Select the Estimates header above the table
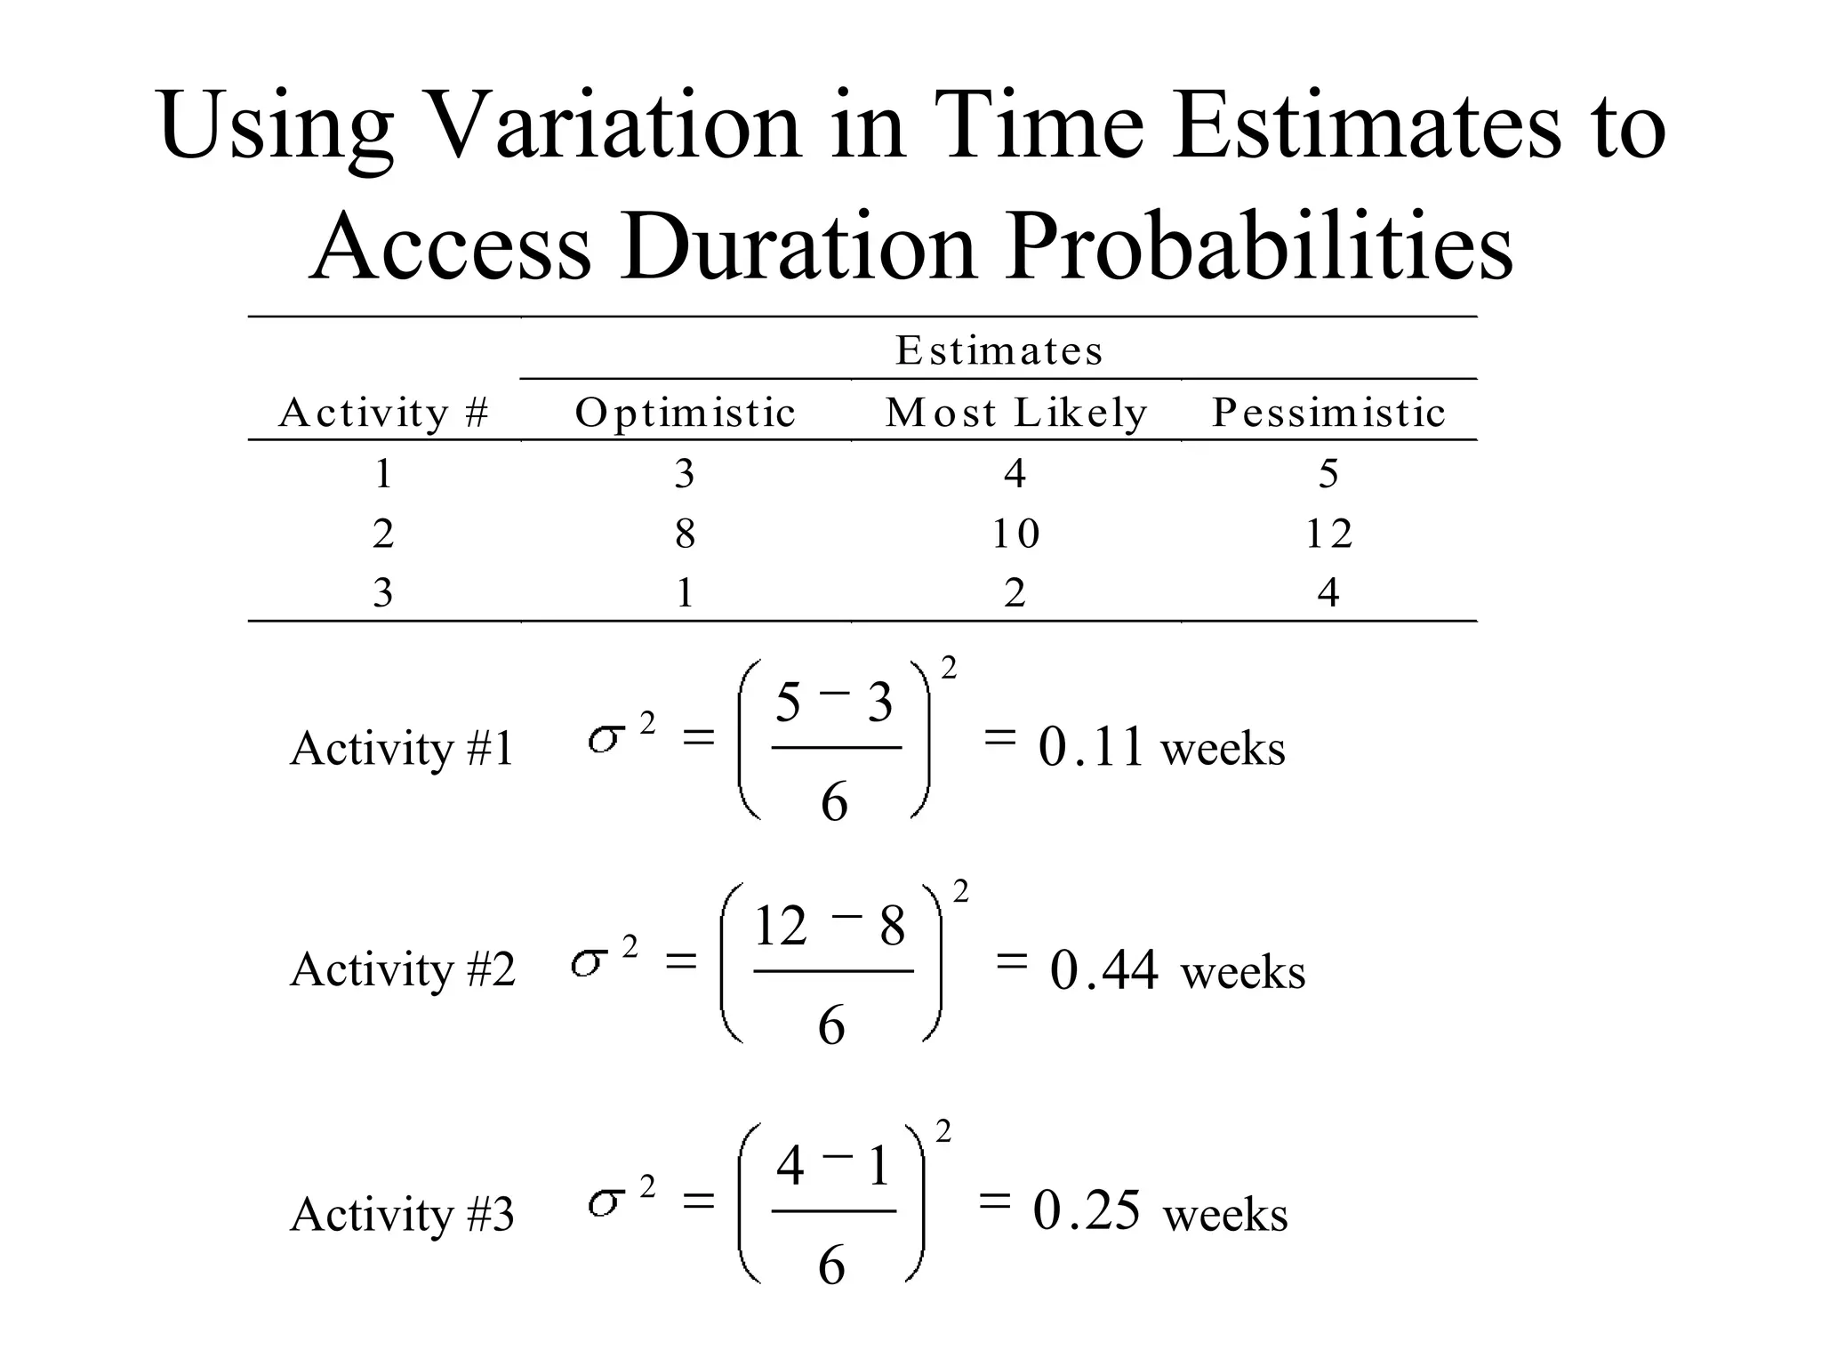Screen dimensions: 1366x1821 pyautogui.click(x=999, y=350)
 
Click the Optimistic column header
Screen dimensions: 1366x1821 pyautogui.click(x=685, y=413)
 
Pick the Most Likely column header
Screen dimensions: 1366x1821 pyautogui.click(x=1016, y=413)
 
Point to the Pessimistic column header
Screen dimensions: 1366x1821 pyautogui.click(x=1328, y=413)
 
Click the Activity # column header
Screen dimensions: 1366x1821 pyautogui.click(x=383, y=413)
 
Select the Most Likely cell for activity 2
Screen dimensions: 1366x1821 pyautogui.click(x=1015, y=534)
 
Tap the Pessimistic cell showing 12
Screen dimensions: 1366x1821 pyautogui.click(x=1328, y=534)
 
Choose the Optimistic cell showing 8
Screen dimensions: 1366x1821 pyautogui.click(x=685, y=534)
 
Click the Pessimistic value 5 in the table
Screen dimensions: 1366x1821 pyautogui.click(x=1328, y=473)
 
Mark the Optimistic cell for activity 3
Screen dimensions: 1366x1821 pyautogui.click(x=685, y=593)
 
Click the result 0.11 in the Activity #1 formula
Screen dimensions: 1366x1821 pyautogui.click(x=1090, y=747)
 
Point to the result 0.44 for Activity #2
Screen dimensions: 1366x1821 pyautogui.click(x=1103, y=969)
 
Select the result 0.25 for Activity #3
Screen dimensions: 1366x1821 pyautogui.click(x=1087, y=1210)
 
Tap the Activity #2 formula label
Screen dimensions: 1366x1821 pyautogui.click(x=402, y=969)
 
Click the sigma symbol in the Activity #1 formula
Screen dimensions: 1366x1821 pyautogui.click(x=604, y=739)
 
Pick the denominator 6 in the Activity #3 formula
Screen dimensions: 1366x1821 pyautogui.click(x=831, y=1266)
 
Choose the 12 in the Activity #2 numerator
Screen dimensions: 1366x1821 pyautogui.click(x=780, y=926)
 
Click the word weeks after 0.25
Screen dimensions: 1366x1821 pyautogui.click(x=1225, y=1215)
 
